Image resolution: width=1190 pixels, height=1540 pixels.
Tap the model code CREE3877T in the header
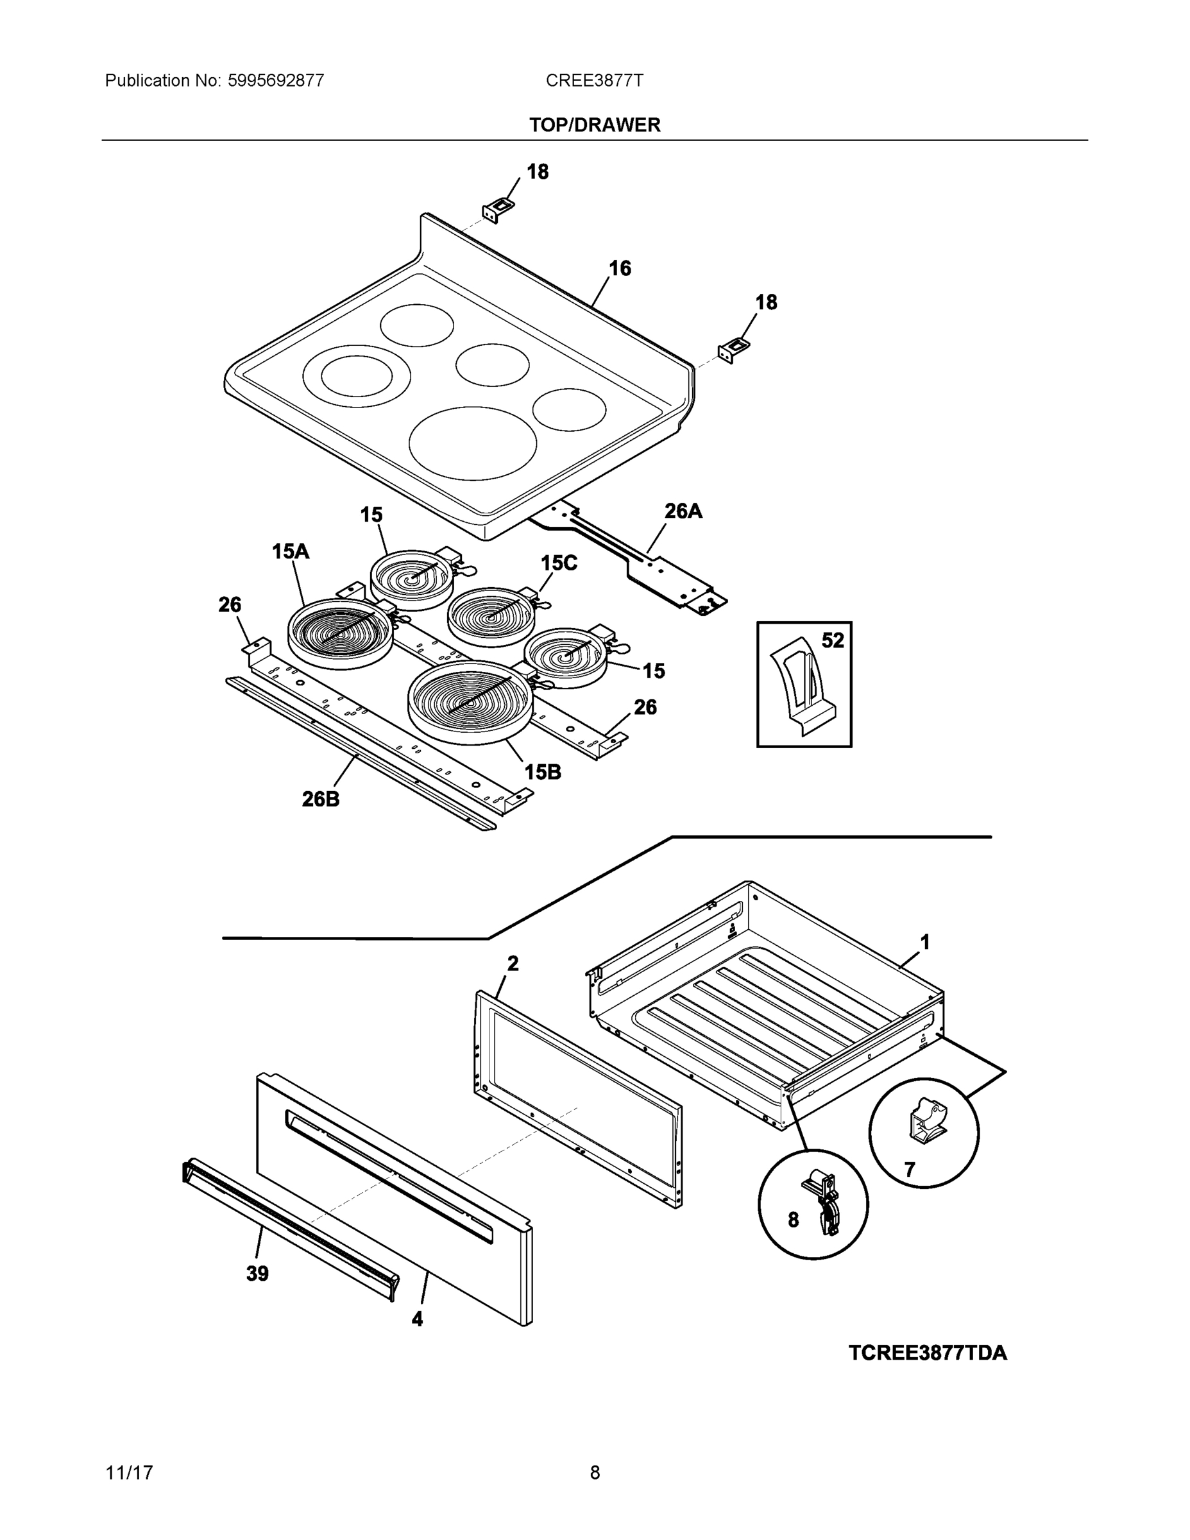pos(593,80)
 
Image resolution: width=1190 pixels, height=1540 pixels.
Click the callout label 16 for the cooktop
pos(620,268)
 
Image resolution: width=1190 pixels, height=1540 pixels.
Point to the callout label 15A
pos(291,551)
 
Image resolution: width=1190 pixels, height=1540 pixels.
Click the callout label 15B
pos(542,772)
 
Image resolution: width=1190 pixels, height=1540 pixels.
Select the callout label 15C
pos(558,563)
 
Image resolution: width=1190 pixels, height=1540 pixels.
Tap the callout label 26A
pos(683,511)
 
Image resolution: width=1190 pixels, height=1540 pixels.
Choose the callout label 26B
pos(321,799)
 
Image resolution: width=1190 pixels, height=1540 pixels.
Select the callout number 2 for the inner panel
pos(513,963)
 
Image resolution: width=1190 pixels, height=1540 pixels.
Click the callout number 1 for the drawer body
pos(925,941)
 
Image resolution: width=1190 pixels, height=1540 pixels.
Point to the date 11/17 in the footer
pos(129,1473)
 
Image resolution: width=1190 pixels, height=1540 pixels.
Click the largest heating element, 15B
pos(468,701)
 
